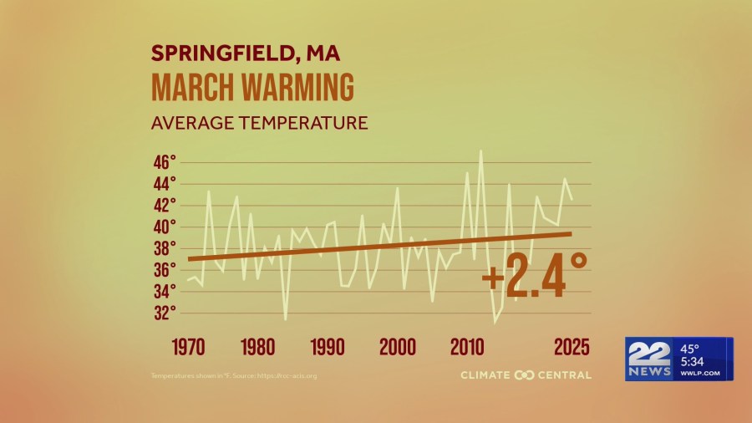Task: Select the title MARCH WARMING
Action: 252,88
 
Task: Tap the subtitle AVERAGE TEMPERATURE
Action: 259,123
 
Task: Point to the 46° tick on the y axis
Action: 164,162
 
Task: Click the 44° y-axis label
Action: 164,184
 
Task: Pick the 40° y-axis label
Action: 164,227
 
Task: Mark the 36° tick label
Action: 164,270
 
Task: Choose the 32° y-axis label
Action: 164,313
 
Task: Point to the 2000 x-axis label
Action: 397,347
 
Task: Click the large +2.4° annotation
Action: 535,276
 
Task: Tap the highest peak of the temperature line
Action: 480,151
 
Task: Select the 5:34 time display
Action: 693,361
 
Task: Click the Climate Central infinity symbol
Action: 525,375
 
